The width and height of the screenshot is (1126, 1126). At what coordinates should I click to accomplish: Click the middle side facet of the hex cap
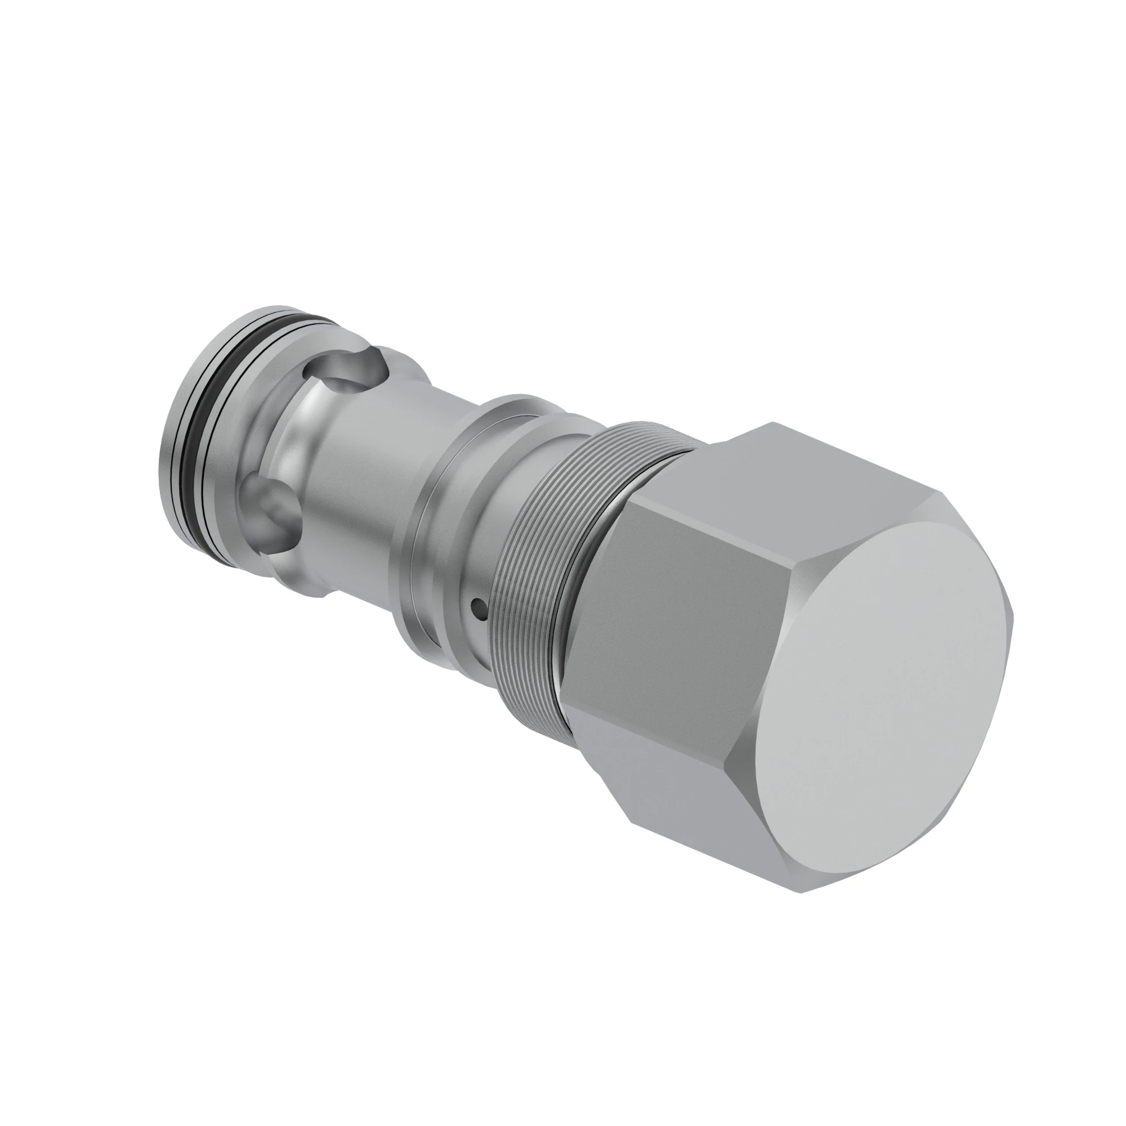tap(659, 600)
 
